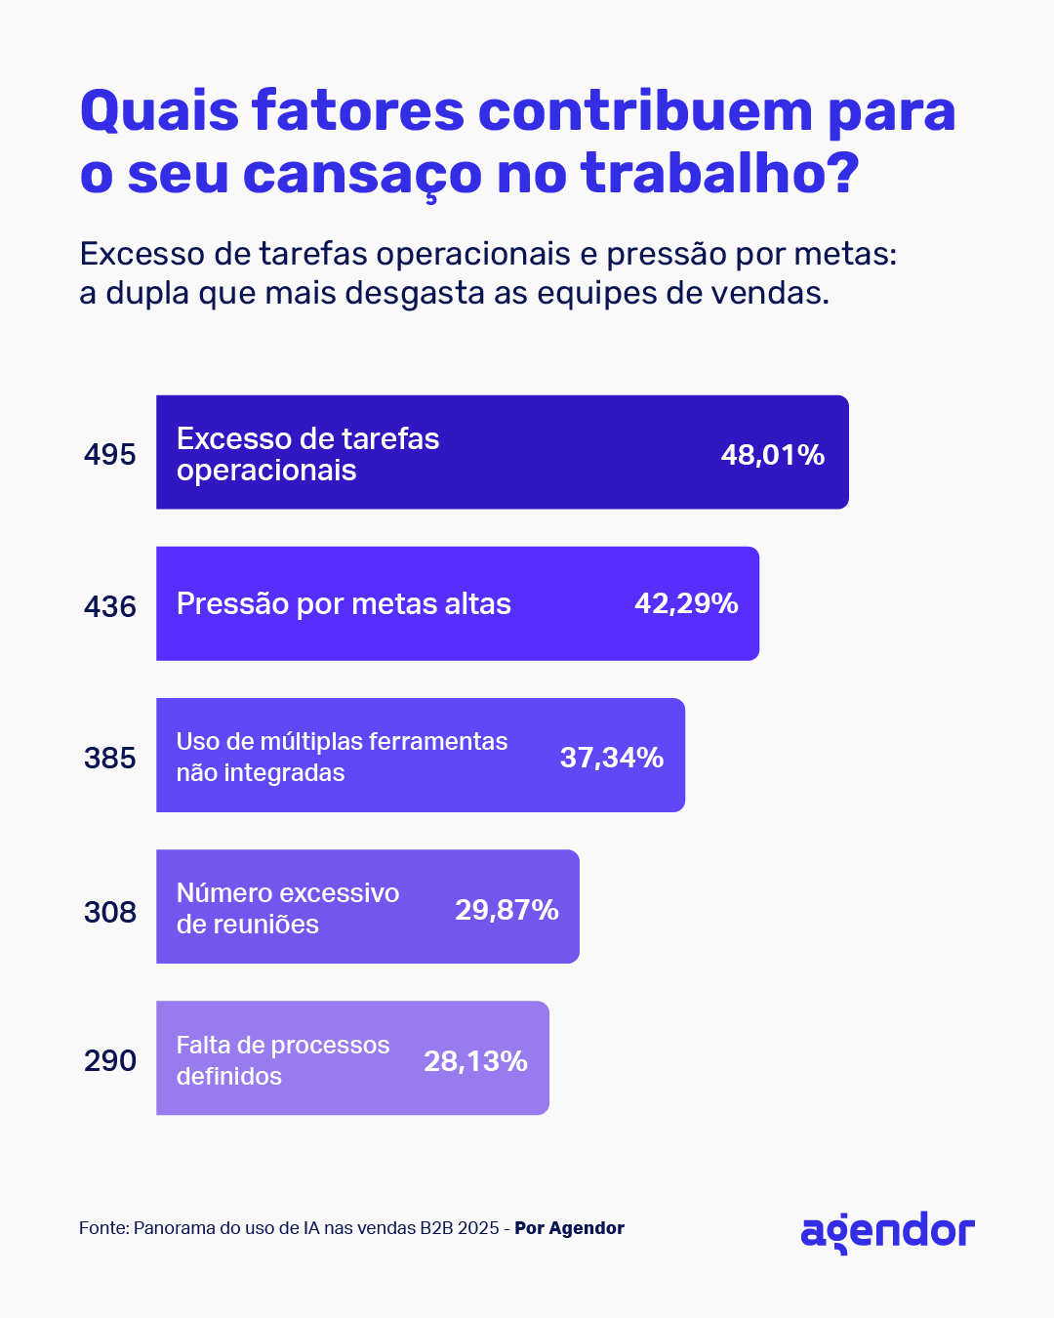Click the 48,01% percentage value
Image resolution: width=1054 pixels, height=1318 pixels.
point(773,455)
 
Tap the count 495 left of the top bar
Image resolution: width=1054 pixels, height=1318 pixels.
point(110,455)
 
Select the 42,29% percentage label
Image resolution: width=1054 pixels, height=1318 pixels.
point(686,603)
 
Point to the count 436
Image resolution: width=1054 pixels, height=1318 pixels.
point(110,607)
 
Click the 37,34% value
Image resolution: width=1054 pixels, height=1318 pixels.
point(612,758)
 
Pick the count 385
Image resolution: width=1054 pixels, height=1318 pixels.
point(110,759)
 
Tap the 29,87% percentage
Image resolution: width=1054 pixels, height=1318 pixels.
point(507,910)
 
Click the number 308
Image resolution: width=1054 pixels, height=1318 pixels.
point(110,913)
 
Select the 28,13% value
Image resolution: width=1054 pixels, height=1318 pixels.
point(475,1061)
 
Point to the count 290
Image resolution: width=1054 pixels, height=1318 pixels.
point(110,1061)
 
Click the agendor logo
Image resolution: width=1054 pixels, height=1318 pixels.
point(887,1232)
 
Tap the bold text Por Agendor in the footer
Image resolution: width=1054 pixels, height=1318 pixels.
point(569,1228)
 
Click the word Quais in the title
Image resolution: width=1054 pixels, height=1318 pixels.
point(159,111)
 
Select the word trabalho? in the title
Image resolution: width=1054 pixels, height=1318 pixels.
point(720,174)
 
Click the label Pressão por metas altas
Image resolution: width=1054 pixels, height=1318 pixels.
point(344,604)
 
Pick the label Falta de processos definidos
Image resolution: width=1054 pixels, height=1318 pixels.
point(283,1060)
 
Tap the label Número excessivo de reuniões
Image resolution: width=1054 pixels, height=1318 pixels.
point(288,909)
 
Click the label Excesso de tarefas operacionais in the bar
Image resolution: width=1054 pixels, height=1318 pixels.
point(307,454)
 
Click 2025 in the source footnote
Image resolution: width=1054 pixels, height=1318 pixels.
point(478,1228)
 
